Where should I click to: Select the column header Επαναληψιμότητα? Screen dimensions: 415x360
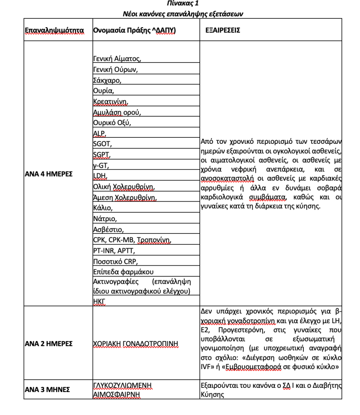click(x=54, y=31)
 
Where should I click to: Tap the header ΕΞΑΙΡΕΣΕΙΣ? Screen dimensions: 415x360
click(x=223, y=31)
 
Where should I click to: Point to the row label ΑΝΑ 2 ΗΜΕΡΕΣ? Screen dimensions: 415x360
click(x=48, y=343)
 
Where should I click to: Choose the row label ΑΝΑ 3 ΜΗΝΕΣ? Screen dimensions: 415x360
click(x=47, y=389)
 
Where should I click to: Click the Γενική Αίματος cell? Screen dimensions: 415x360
click(x=117, y=59)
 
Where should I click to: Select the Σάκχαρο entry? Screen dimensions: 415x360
click(x=107, y=80)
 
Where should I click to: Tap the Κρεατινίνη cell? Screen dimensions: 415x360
click(x=111, y=101)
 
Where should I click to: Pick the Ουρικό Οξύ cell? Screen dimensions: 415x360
click(x=112, y=123)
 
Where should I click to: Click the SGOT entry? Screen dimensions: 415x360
click(x=103, y=144)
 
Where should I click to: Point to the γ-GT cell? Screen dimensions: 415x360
click(x=102, y=165)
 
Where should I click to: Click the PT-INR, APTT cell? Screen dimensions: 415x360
click(x=114, y=251)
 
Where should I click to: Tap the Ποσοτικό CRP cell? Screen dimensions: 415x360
click(x=116, y=261)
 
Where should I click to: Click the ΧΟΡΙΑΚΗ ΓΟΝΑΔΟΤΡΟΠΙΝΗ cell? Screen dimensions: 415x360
click(x=136, y=343)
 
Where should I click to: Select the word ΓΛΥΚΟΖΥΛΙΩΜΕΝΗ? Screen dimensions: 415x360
click(x=122, y=385)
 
